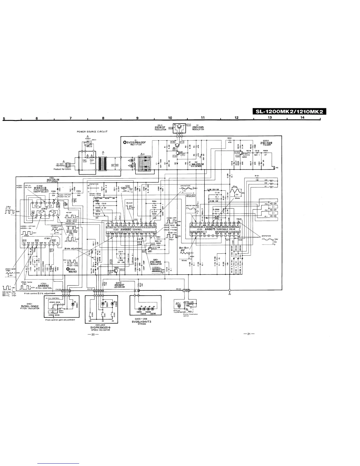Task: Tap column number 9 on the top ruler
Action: click(138, 118)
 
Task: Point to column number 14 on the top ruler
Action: click(302, 118)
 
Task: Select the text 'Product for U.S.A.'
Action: click(61, 169)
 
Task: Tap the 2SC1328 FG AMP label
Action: click(266, 143)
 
